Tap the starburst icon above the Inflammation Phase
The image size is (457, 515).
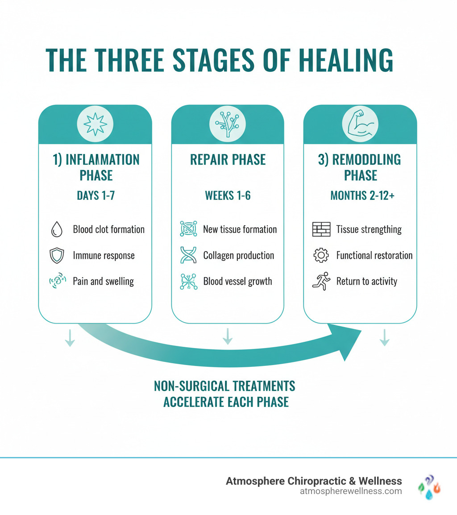[x=95, y=124]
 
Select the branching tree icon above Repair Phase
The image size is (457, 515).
[x=228, y=124]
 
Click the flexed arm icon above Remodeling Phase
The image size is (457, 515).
[x=360, y=124]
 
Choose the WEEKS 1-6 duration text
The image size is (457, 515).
[x=228, y=195]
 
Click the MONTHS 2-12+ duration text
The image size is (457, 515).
[x=362, y=195]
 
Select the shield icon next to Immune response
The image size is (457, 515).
[x=55, y=255]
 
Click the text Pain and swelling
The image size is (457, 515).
[x=103, y=282]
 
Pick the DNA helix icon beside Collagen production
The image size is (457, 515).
[x=188, y=255]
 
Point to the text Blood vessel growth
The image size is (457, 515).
[x=237, y=282]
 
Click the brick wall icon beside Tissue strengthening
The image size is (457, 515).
[x=321, y=229]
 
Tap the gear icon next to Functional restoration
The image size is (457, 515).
[x=321, y=255]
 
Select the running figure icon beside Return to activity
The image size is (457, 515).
[x=321, y=282]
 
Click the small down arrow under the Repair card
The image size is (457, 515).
[x=228, y=336]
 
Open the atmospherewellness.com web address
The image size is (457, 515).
[x=352, y=491]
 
